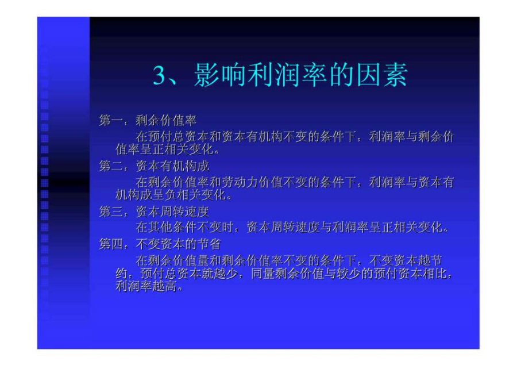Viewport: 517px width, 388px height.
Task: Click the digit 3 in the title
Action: coord(160,75)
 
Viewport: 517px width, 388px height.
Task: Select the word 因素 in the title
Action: coord(383,75)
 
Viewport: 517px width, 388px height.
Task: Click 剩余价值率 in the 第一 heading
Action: coord(166,121)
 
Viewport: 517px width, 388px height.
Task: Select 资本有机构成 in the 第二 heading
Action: coord(172,166)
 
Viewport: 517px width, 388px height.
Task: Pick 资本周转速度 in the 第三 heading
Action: coord(172,212)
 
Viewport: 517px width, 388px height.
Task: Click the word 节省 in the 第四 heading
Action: coord(209,244)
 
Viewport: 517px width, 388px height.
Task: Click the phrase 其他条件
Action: coord(172,227)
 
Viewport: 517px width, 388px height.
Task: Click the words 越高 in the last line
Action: coord(164,286)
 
